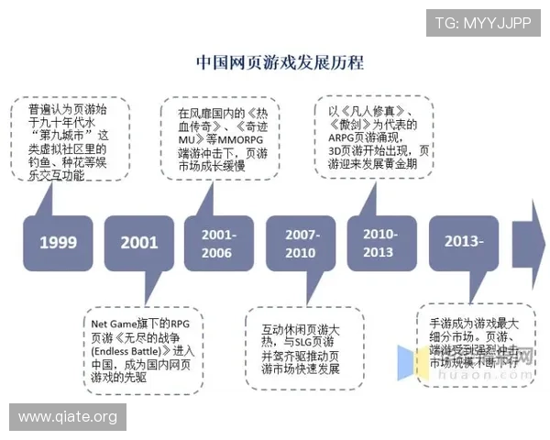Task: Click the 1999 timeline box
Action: (x=58, y=242)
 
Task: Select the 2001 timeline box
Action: (x=140, y=242)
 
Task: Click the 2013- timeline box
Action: (x=464, y=242)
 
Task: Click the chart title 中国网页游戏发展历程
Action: (x=280, y=62)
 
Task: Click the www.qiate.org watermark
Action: (x=68, y=417)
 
